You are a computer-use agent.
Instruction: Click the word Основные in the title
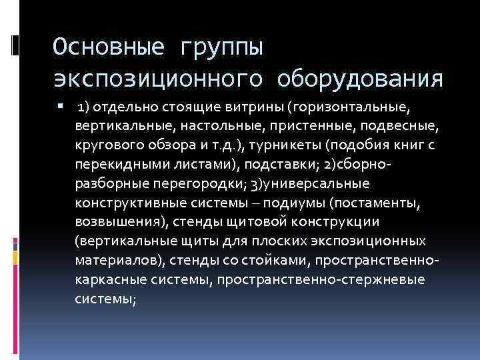tap(109, 47)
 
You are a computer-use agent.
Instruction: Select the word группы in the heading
tap(221, 47)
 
